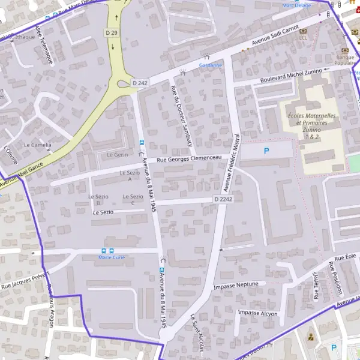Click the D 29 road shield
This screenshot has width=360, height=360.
110,32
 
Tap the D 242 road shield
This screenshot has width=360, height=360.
140,83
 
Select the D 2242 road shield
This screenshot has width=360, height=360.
223,199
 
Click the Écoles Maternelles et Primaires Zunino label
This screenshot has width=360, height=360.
312,126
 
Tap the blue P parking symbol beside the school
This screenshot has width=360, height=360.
266,152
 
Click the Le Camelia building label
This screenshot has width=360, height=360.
37,145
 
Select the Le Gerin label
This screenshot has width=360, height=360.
118,155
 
